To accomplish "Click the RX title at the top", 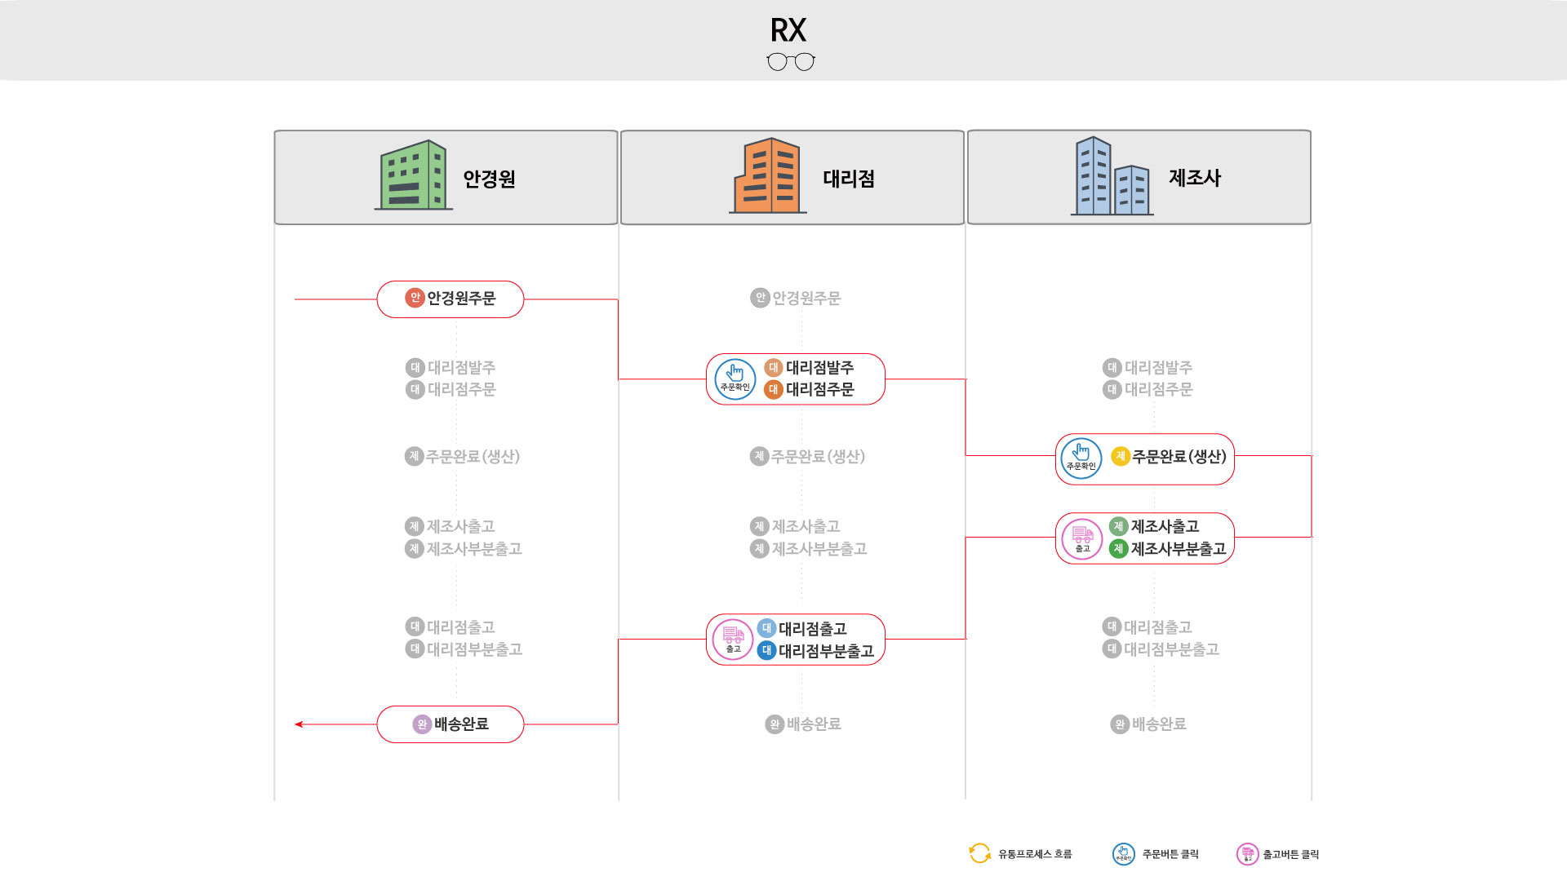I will coord(788,30).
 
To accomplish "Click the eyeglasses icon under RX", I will coord(790,62).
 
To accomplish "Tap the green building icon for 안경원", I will coord(414,175).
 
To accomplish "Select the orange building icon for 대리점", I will coord(767,176).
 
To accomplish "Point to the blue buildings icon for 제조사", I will coord(1112,177).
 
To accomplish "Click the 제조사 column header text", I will coord(1194,178).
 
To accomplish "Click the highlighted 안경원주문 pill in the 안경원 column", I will coord(451,299).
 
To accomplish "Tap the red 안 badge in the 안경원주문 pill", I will coord(415,298).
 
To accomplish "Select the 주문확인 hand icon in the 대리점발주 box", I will coord(735,379).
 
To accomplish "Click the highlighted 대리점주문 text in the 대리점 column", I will coord(819,390).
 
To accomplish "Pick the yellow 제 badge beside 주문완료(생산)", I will coord(1120,457).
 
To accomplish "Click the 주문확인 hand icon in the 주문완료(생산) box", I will coord(1081,458).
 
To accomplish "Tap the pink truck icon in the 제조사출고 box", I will coord(1082,538).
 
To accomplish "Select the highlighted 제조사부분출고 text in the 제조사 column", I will coord(1178,549).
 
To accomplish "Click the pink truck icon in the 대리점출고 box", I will coord(733,639).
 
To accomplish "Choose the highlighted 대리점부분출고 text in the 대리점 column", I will coord(825,651).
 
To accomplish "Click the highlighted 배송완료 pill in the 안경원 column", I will coord(451,724).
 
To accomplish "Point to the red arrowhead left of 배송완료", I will coord(299,724).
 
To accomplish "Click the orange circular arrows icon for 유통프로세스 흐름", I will coord(979,853).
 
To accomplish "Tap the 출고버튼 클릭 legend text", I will coord(1290,854).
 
